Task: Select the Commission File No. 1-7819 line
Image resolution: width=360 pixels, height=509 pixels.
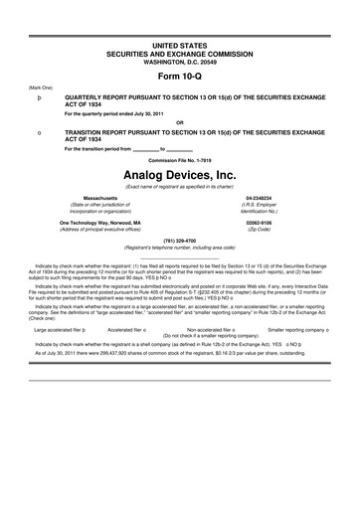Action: pyautogui.click(x=179, y=158)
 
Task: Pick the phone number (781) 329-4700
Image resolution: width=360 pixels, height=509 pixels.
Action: pyautogui.click(x=179, y=240)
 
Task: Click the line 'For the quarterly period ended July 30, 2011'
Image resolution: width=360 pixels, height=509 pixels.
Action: pyautogui.click(x=116, y=114)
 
